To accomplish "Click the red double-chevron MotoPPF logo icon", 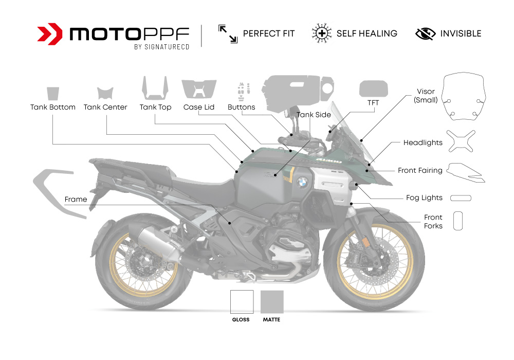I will coord(50,34).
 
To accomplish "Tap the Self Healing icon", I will coord(321,33).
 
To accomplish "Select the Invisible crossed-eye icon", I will coord(425,34).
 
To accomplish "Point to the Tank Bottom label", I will coord(53,107).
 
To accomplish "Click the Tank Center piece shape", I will coord(105,93).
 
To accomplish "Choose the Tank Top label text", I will coord(155,107).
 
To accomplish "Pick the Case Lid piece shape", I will coord(199,90).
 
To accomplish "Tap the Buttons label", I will coord(241,107).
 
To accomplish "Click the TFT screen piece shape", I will coord(373,89).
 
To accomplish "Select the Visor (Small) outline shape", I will coord(465,96).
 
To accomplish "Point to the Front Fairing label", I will coord(420,170).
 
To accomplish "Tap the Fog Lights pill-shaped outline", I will coord(461,198).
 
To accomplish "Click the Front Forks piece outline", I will coord(458,220).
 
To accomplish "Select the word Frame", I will coord(76,199).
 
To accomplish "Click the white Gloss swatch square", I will coord(241,302).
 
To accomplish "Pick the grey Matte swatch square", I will coord(272,302).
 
